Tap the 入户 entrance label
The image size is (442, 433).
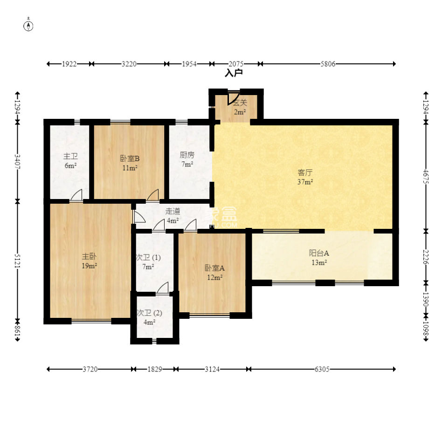[x=234, y=73]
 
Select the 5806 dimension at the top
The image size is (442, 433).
[x=328, y=64]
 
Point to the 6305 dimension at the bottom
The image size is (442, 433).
[x=322, y=369]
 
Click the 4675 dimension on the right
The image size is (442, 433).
[x=426, y=177]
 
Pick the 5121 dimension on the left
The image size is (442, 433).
[x=17, y=261]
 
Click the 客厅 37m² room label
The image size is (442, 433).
[x=305, y=177]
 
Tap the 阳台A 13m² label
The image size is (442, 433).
[x=319, y=257]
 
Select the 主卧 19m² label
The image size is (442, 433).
[x=90, y=261]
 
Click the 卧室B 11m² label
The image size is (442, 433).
[x=130, y=163]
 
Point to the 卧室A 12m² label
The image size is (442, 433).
[x=214, y=272]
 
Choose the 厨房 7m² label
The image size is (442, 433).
[x=187, y=159]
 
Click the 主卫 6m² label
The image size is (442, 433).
[x=70, y=161]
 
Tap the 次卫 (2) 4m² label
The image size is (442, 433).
[x=149, y=317]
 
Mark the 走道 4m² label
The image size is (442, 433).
[x=173, y=215]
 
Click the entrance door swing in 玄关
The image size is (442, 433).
[x=233, y=98]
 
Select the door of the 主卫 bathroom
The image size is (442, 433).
[x=76, y=195]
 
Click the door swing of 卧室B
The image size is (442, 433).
[x=153, y=195]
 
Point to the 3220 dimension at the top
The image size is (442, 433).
[x=129, y=64]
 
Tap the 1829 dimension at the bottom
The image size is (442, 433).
[x=155, y=369]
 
